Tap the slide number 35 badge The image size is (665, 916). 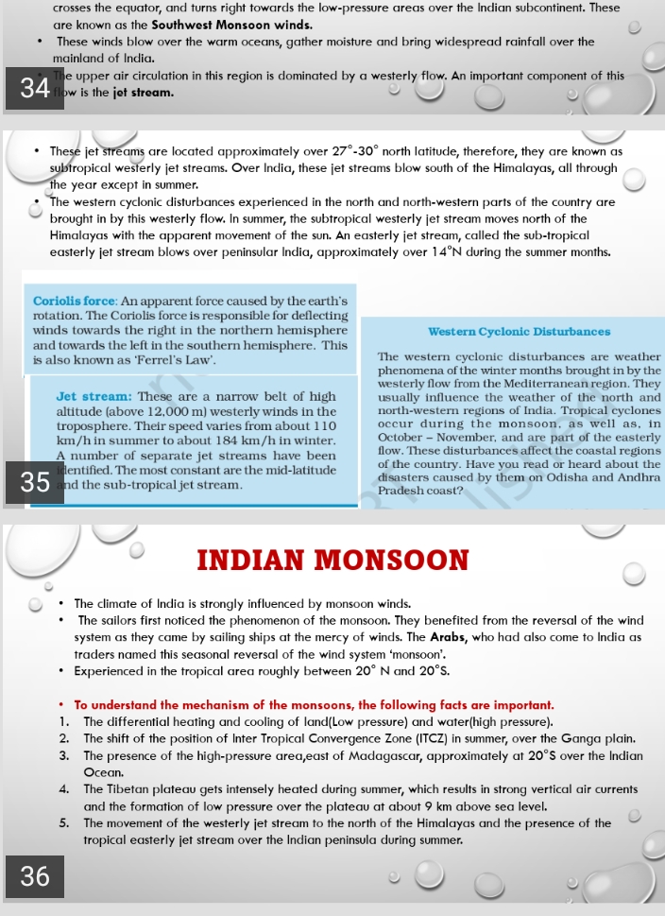click(34, 482)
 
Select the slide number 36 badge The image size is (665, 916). click(34, 876)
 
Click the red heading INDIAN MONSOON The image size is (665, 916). click(332, 560)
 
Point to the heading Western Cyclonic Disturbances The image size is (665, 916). click(519, 332)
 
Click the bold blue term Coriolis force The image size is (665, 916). click(75, 301)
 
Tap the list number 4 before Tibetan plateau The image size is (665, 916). click(62, 789)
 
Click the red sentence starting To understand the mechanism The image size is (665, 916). click(314, 705)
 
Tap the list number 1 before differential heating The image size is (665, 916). click(62, 721)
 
